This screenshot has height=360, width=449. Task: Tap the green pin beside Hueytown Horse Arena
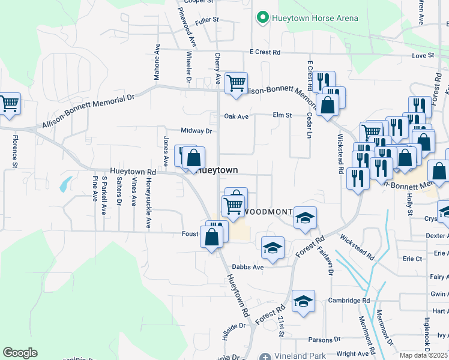pyautogui.click(x=262, y=18)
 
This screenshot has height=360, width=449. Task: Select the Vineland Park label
pyautogui.click(x=300, y=356)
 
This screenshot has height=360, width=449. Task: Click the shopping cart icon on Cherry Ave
pyautogui.click(x=237, y=83)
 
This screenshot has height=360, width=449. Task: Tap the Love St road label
pyautogui.click(x=423, y=55)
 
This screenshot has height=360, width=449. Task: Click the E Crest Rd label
pyautogui.click(x=265, y=53)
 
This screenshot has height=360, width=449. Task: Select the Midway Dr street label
pyautogui.click(x=197, y=131)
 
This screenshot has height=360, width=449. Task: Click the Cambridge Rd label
pyautogui.click(x=349, y=301)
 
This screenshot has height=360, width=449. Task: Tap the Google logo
pyautogui.click(x=20, y=353)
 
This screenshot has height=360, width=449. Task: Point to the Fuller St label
pyautogui.click(x=207, y=20)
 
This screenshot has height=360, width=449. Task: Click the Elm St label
pyautogui.click(x=282, y=115)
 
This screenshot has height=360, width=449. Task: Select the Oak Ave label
pyautogui.click(x=237, y=117)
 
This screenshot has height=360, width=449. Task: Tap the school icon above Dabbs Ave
pyautogui.click(x=273, y=248)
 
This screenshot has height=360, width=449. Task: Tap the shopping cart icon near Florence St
pyautogui.click(x=9, y=104)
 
